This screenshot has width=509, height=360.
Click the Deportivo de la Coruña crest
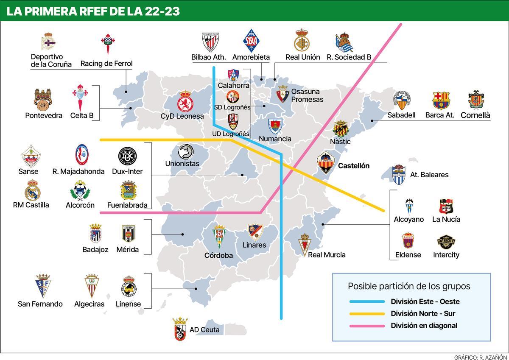tap(48, 42)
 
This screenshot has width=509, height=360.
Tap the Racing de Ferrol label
tap(106, 64)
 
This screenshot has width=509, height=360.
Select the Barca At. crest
tap(441, 100)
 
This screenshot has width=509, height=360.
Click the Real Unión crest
tap(302, 41)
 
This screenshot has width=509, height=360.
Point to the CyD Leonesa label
tap(182, 116)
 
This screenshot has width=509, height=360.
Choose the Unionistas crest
tap(185, 152)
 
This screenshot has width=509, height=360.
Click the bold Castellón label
tap(353, 166)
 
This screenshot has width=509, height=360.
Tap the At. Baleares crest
tap(399, 174)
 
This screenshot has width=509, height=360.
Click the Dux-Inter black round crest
tap(127, 156)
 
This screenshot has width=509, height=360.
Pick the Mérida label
tap(128, 250)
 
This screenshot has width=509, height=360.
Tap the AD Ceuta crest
tap(180, 329)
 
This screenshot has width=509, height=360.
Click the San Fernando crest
tap(42, 286)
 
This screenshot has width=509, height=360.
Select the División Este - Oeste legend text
tap(425, 302)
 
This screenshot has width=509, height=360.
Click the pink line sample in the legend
tap(367, 326)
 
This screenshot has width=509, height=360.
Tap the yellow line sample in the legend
tap(367, 314)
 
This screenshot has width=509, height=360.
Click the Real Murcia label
tap(327, 255)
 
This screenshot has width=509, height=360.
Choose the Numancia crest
tap(275, 126)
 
